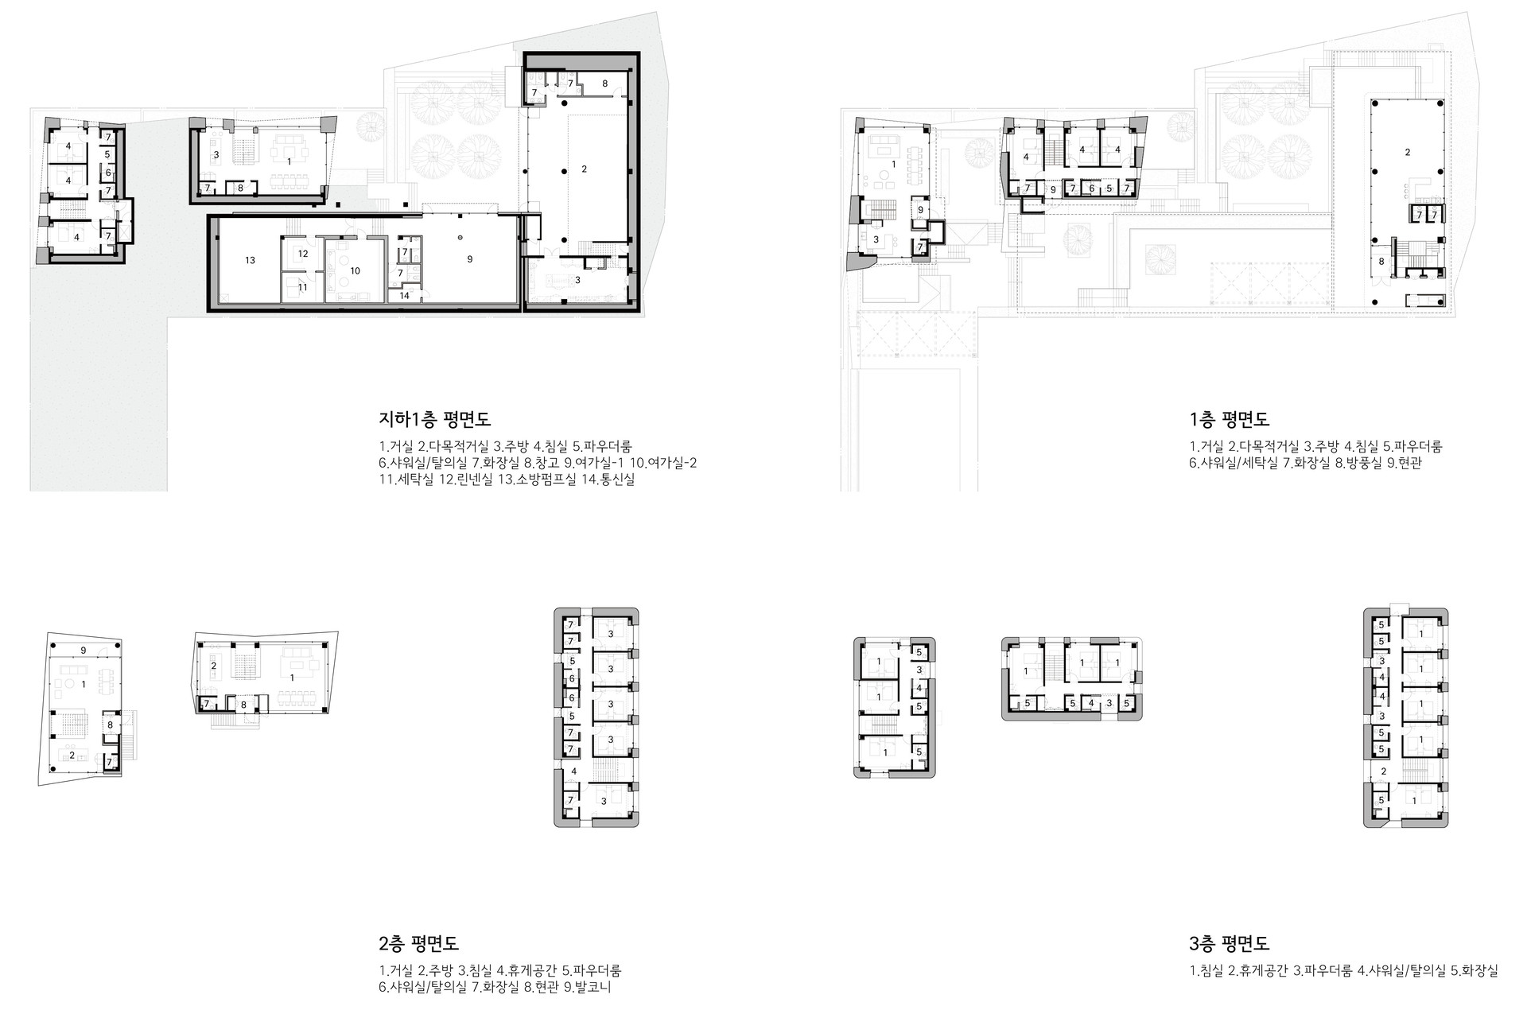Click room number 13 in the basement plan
(250, 260)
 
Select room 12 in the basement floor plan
(303, 254)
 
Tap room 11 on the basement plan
(302, 287)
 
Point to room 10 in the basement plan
(356, 271)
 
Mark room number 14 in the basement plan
(405, 295)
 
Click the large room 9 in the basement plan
(470, 258)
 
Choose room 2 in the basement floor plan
(584, 169)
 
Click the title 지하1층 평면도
(435, 419)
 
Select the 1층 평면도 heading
(1229, 419)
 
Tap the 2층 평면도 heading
(419, 944)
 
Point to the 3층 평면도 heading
(1229, 944)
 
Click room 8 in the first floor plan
(1381, 261)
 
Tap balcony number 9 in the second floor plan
(84, 650)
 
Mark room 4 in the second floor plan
(574, 771)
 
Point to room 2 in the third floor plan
(1383, 771)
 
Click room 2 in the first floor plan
(1408, 152)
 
